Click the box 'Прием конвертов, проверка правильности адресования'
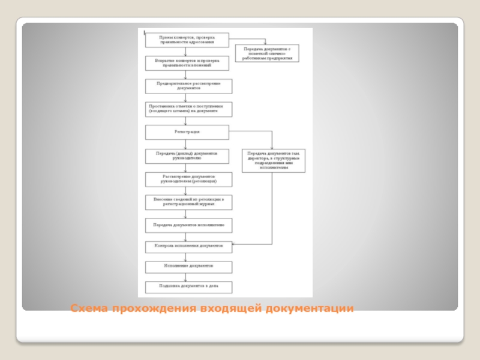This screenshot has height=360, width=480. (187, 40)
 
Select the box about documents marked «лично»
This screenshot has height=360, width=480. (267, 53)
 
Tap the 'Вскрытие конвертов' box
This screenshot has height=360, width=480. (187, 63)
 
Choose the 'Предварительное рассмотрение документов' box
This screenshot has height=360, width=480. (187, 85)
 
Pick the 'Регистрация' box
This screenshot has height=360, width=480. (187, 131)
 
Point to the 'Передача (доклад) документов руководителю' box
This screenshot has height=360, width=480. (187, 155)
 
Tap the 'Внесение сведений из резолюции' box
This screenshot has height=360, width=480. (189, 202)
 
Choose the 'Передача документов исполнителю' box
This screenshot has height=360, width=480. (189, 226)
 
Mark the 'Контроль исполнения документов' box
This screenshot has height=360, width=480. (189, 246)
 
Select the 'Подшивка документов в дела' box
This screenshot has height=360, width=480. (189, 286)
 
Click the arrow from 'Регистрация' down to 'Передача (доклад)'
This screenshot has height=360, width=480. (187, 144)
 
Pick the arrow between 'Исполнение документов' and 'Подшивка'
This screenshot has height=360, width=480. (187, 275)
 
